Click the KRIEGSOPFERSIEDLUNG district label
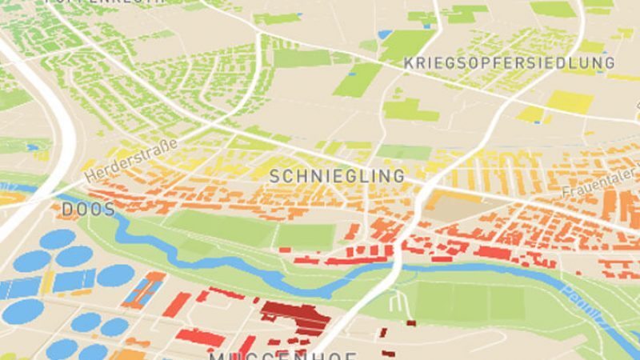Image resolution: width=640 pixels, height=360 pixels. [x=509, y=62]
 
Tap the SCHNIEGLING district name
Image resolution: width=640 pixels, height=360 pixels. [x=337, y=175]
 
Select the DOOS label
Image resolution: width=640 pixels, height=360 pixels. [x=88, y=210]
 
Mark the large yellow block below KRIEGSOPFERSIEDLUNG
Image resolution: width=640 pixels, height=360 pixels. [x=570, y=102]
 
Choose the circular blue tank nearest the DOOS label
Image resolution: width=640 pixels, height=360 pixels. [x=58, y=238]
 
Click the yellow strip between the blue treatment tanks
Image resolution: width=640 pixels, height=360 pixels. [x=50, y=282]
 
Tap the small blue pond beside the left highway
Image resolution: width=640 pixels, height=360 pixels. [x=32, y=147]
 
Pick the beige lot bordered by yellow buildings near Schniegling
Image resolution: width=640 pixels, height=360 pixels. [x=456, y=208]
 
